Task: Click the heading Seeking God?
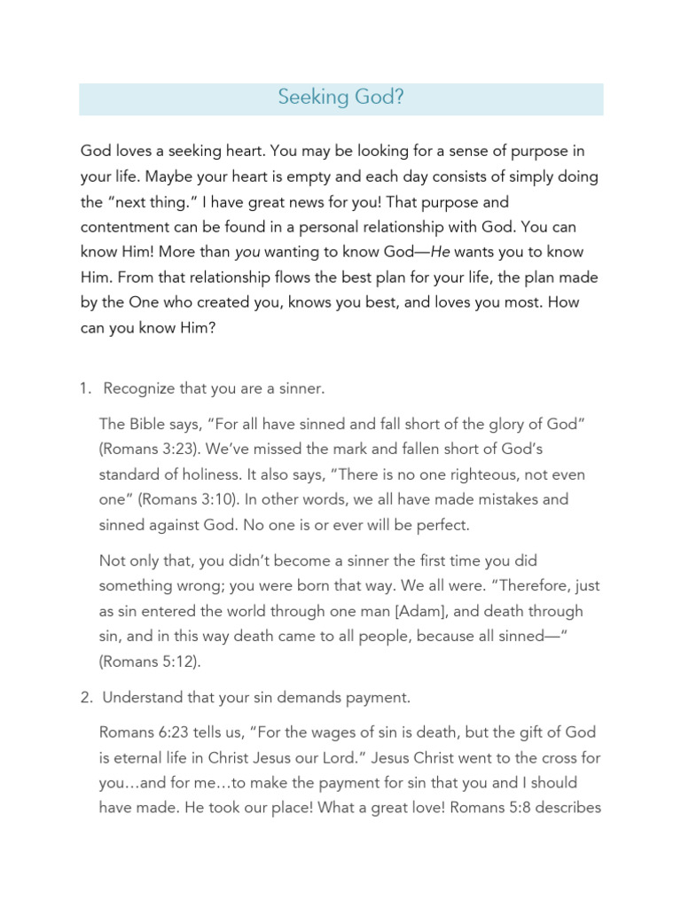(x=340, y=98)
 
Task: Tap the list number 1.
(x=85, y=387)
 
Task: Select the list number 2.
(x=85, y=697)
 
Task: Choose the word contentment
(x=124, y=228)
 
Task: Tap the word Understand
(x=141, y=697)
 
